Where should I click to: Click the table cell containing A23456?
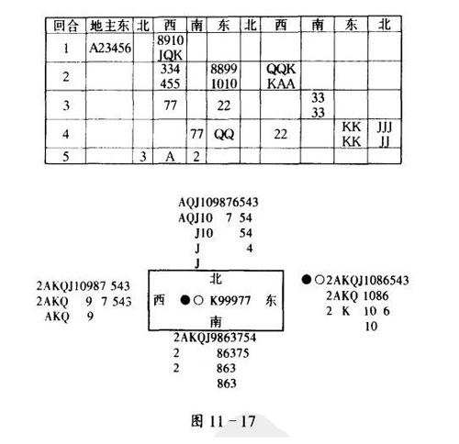110,48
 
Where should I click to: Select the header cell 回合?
66,25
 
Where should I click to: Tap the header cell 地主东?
110,25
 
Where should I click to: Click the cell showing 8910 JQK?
170,48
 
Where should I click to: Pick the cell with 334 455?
170,76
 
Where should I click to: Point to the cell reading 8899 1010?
224,76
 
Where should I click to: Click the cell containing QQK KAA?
281,76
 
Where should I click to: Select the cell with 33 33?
318,105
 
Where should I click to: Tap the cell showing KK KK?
351,134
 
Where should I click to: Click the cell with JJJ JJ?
385,134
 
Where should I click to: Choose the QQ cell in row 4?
224,134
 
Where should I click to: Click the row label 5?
66,156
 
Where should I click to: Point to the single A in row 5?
170,156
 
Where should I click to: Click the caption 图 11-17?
223,421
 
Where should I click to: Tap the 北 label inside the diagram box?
216,279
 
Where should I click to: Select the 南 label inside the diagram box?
216,321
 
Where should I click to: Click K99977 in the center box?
230,301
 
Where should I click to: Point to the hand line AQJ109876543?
218,203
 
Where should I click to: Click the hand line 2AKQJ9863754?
215,338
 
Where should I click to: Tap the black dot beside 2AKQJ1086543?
306,280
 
